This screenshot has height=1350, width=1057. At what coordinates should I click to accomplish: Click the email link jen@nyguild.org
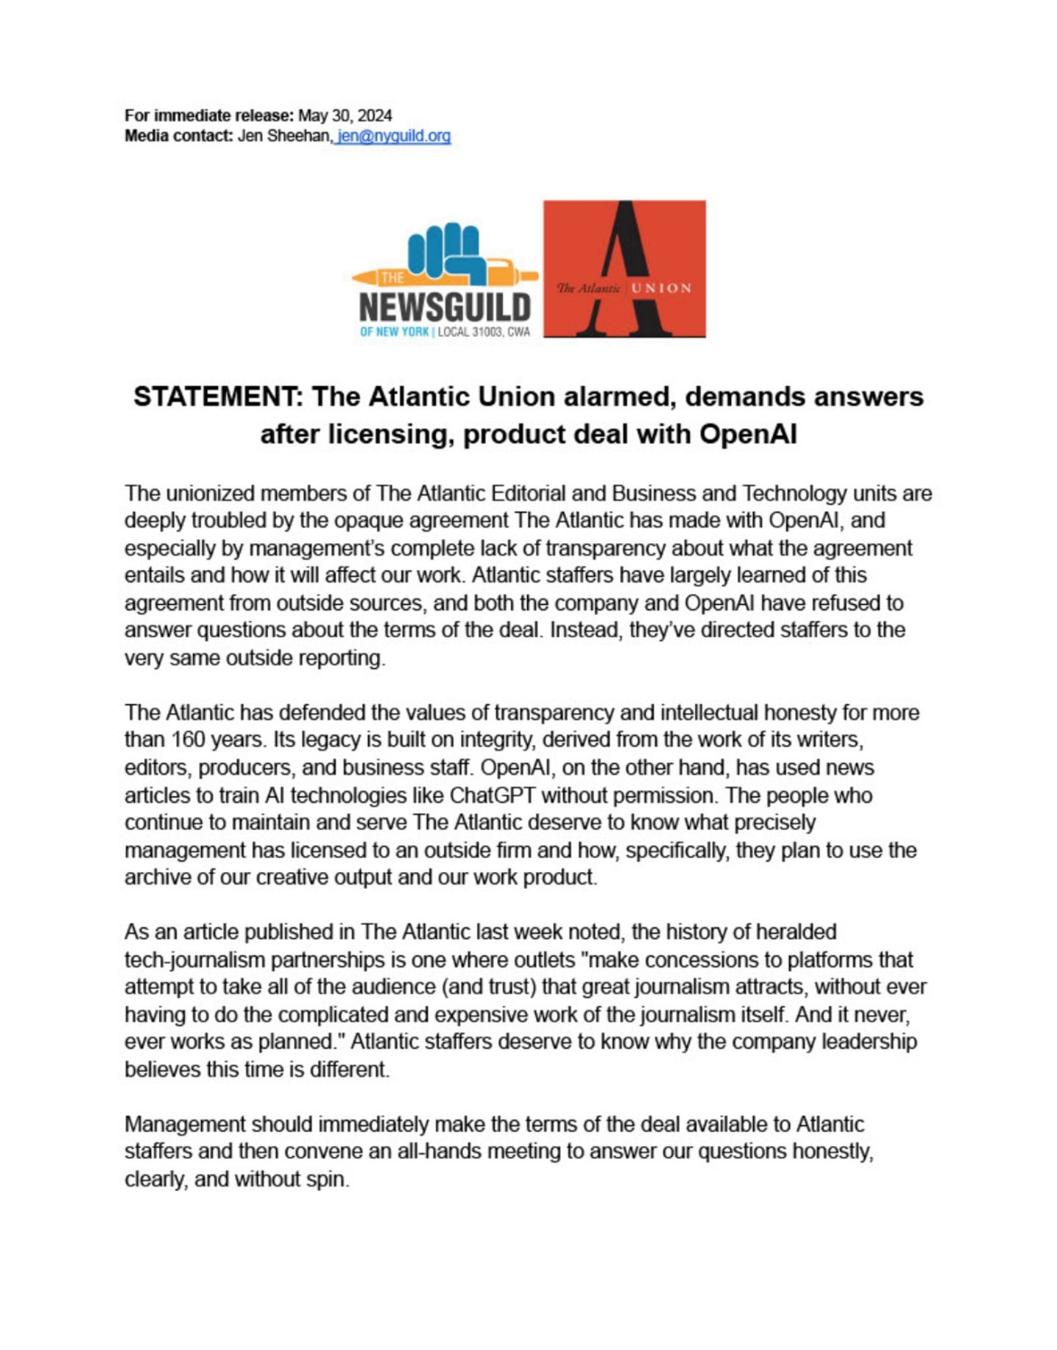click(393, 136)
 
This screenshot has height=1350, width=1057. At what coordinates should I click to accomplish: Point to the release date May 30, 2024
click(344, 115)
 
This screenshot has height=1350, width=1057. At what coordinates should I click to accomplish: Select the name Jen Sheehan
click(284, 136)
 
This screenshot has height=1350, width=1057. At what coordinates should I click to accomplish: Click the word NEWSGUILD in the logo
click(445, 307)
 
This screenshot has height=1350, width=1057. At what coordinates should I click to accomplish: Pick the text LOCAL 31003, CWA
click(484, 332)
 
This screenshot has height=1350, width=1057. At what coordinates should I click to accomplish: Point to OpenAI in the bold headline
click(748, 434)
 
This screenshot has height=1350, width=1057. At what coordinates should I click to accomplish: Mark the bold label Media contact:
click(178, 136)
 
